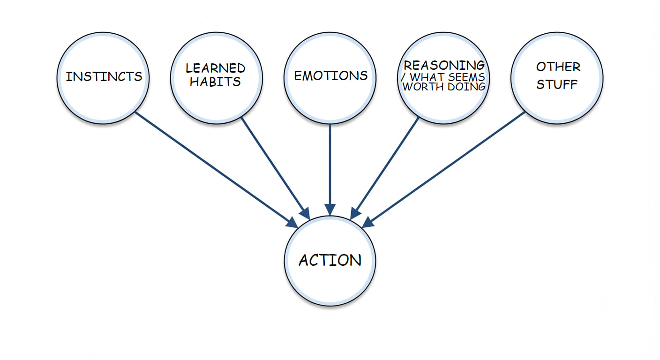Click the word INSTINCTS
point(104,76)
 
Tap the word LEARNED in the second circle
point(215,68)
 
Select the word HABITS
point(215,82)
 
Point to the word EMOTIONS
point(331,76)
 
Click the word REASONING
point(444,65)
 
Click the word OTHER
point(558,67)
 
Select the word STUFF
point(556,84)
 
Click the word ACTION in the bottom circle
point(330,260)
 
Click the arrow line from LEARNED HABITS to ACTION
point(276,168)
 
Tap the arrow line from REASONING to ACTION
point(384,168)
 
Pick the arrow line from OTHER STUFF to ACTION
point(444,170)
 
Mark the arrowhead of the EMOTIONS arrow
point(330,210)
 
